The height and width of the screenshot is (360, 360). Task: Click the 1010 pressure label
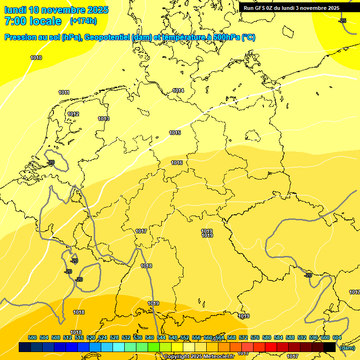36,58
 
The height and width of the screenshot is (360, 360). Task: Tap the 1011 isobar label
64,92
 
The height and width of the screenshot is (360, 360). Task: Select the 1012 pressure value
73,114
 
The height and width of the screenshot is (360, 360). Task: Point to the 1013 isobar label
104,119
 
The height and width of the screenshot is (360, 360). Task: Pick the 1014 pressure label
178,90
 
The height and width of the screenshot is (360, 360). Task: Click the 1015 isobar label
175,133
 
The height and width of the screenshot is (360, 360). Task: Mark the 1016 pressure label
177,163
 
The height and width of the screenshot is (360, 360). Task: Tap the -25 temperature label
342,21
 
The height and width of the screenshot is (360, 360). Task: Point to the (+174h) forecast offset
83,21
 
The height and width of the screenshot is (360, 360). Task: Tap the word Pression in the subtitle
20,37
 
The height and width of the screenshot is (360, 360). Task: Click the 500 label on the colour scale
32,337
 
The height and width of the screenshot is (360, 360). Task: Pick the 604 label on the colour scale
337,337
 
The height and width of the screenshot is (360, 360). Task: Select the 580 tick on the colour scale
267,337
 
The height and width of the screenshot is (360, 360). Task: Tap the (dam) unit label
347,347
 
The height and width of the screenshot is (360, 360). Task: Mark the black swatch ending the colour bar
330,347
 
